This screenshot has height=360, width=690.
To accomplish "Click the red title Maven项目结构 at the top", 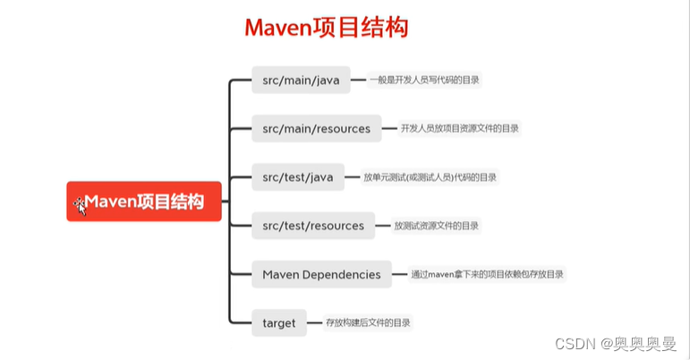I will (327, 28).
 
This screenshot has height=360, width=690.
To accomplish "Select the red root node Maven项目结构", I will (144, 201).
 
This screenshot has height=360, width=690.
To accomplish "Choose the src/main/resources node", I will (316, 128).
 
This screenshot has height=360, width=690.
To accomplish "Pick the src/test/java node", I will (297, 177).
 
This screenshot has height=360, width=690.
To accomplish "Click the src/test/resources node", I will (313, 226).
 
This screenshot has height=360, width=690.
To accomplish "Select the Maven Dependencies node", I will (321, 274).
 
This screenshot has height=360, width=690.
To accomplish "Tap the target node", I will (279, 322).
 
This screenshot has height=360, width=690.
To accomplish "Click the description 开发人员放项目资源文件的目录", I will (459, 128).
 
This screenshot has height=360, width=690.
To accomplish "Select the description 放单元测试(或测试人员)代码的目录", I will (430, 177).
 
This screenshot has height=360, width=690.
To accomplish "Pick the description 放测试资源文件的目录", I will (436, 226).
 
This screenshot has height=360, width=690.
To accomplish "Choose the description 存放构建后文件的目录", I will (369, 322).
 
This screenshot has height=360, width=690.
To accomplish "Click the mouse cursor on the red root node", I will (80, 205).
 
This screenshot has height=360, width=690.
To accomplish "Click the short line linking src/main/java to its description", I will (357, 80).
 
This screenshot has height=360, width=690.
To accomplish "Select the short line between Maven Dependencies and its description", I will (400, 274).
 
